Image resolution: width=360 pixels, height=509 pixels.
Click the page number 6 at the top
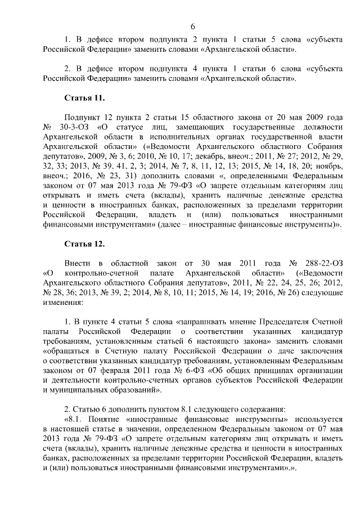[x=193, y=26]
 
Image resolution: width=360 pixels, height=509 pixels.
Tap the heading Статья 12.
[x=84, y=244]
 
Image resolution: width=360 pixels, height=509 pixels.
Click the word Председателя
[x=273, y=321]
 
